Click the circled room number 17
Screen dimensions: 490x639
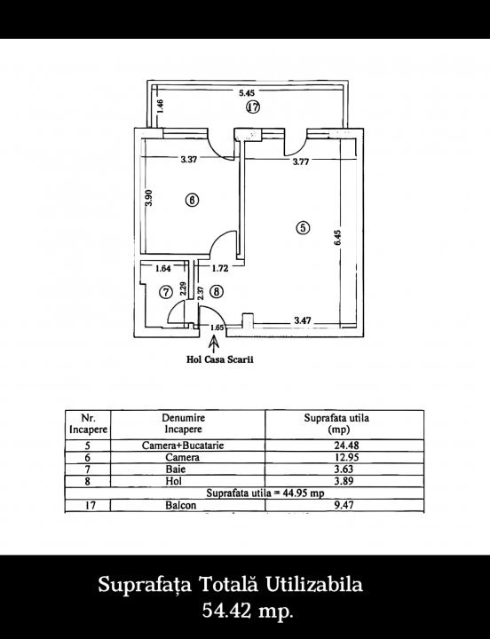(x=253, y=107)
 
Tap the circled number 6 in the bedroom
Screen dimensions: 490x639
(x=192, y=200)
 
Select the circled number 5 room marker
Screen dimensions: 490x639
(x=303, y=227)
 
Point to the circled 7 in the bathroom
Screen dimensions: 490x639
(x=166, y=292)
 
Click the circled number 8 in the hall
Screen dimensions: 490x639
(x=217, y=292)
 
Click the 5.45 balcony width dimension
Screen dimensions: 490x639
(x=247, y=93)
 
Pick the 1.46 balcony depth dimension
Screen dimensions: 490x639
(x=161, y=106)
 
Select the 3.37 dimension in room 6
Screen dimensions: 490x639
(x=189, y=160)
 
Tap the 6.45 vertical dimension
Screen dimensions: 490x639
(x=337, y=238)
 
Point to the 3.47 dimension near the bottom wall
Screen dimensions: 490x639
(x=303, y=320)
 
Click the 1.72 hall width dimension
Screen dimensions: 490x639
(x=220, y=269)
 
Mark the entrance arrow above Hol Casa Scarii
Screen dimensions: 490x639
(x=214, y=343)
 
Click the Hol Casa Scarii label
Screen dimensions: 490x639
(x=220, y=359)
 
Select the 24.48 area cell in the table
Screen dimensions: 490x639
(x=346, y=446)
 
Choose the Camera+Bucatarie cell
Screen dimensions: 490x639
(x=183, y=446)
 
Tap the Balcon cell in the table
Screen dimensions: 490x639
(x=180, y=505)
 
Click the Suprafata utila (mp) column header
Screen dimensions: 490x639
(x=336, y=423)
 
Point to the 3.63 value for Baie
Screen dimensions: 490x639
(x=344, y=469)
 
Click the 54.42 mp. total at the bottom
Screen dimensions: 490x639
(x=248, y=611)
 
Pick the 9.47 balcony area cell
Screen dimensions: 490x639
(x=344, y=505)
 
